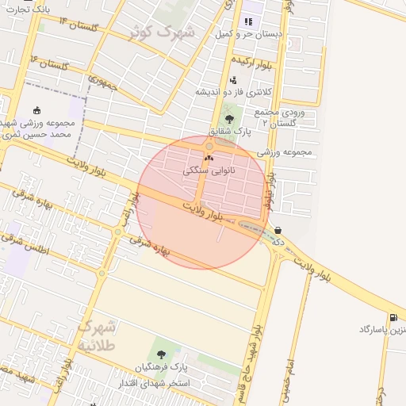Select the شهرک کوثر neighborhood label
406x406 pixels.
coord(163,33)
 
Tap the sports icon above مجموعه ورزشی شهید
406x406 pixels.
coord(38,110)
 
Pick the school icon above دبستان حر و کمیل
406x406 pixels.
coord(247,21)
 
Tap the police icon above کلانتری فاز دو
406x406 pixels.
coord(232,80)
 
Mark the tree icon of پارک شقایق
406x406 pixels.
coord(229,119)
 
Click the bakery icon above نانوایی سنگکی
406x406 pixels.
coord(209,159)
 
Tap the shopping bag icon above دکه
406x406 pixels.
coord(278,231)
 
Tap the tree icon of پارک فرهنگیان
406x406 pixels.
coord(162,354)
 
